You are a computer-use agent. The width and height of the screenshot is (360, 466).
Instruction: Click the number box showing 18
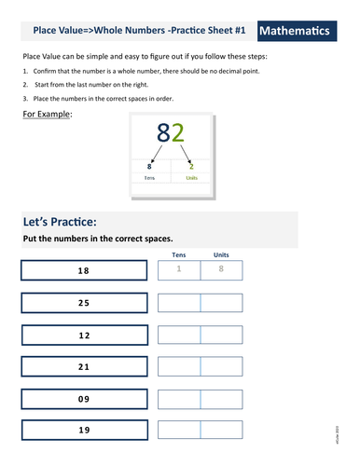pos(83,270)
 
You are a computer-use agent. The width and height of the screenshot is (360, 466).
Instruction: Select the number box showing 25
pos(83,303)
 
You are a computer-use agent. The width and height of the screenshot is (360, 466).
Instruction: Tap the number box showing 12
pos(83,335)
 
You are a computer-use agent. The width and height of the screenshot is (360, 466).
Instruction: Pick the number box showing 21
pos(83,367)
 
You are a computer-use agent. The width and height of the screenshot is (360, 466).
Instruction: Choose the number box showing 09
pos(83,399)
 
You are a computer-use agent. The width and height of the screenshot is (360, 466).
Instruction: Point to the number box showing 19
pos(83,431)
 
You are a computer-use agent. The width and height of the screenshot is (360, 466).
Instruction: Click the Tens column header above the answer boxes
pos(179,254)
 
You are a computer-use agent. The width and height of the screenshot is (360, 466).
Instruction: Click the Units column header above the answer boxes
pos(221,254)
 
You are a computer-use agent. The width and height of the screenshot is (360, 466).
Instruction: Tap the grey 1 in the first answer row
pos(179,270)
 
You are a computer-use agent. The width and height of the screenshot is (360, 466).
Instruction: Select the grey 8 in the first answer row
pos(221,270)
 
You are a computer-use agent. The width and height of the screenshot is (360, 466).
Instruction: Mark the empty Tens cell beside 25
pos(179,303)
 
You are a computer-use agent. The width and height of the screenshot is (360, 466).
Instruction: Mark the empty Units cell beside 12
pos(221,335)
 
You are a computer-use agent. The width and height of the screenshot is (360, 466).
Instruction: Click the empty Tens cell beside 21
pos(179,367)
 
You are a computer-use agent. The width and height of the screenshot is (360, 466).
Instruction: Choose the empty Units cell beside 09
pos(221,399)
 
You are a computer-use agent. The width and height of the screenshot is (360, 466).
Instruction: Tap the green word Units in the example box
pos(192,177)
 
